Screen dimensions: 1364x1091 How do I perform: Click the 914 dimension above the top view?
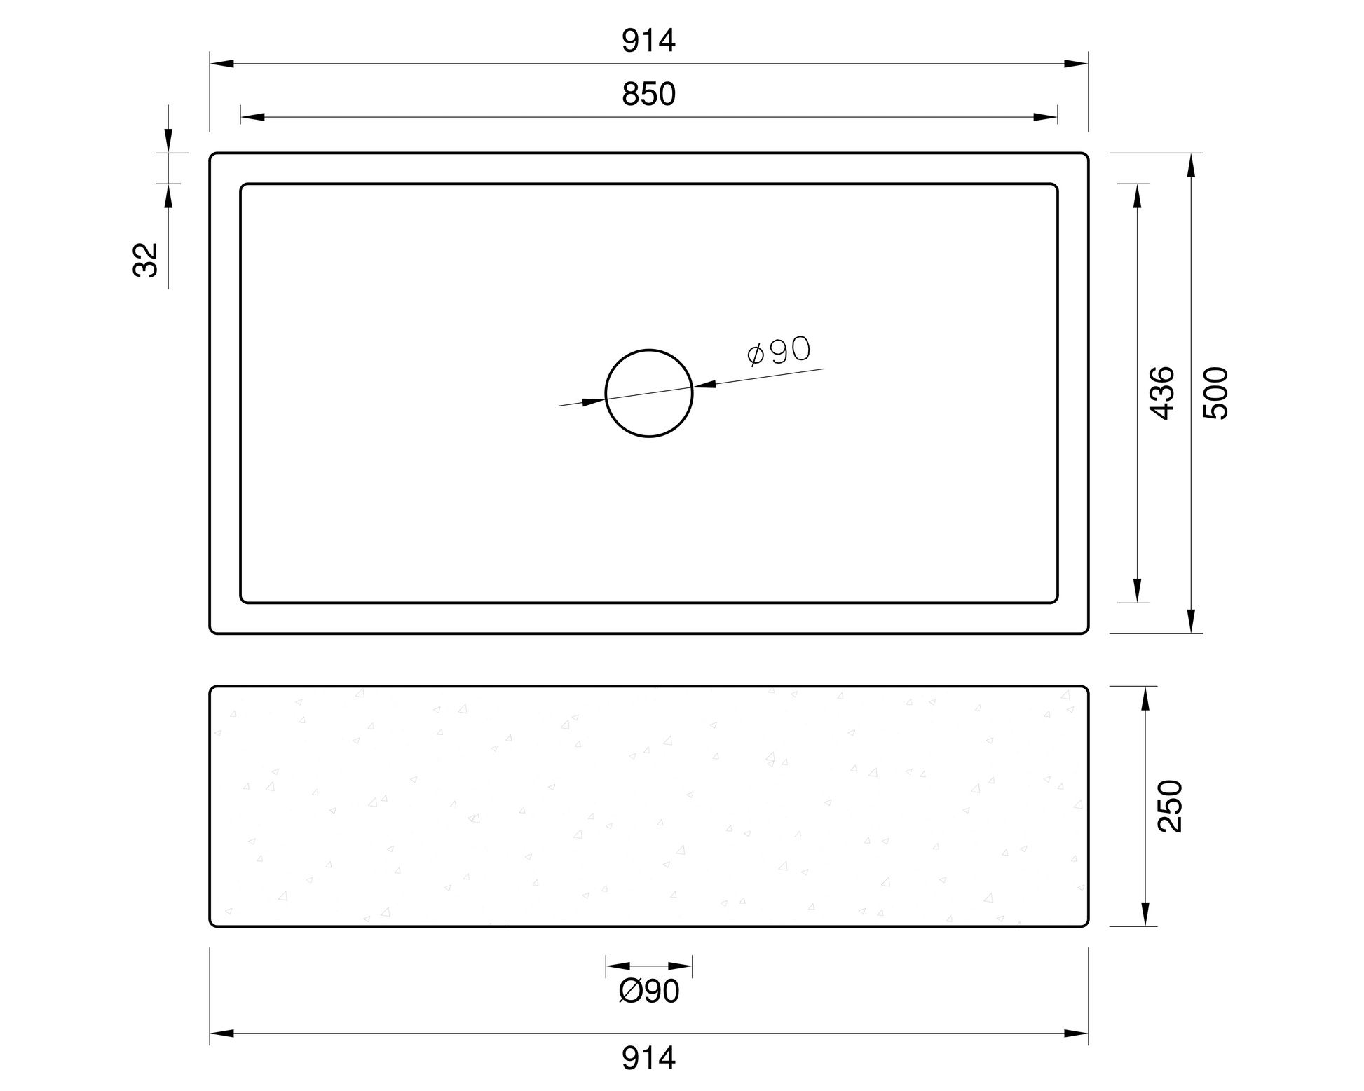pyautogui.click(x=648, y=41)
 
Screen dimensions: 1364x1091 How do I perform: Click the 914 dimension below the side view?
pyautogui.click(x=648, y=1058)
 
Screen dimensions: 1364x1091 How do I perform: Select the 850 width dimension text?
pyautogui.click(x=648, y=94)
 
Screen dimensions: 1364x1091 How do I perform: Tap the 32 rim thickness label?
pyautogui.click(x=146, y=260)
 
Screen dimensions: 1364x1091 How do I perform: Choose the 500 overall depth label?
pyautogui.click(x=1216, y=393)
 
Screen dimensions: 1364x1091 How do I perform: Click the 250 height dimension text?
pyautogui.click(x=1170, y=806)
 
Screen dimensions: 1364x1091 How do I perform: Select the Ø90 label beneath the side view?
pyautogui.click(x=649, y=991)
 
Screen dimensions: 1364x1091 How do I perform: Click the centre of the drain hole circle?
pyautogui.click(x=649, y=393)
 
